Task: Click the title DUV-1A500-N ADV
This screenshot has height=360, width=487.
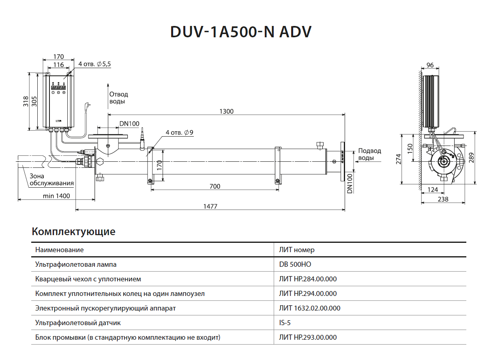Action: [241, 32]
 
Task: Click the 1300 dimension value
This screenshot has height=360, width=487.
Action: [226, 111]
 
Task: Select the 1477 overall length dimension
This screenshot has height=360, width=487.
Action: [210, 206]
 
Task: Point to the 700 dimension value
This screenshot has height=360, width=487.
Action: [215, 186]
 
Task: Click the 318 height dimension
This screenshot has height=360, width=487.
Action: [25, 101]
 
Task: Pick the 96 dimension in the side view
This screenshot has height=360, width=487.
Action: [430, 65]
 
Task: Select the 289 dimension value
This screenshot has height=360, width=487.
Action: [471, 158]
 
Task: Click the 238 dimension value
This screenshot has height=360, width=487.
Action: [444, 199]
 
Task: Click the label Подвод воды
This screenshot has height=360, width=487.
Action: [369, 154]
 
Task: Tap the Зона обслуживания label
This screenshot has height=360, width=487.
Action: [51, 180]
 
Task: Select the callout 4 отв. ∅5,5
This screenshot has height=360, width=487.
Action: [94, 64]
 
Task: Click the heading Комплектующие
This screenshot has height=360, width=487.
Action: [73, 231]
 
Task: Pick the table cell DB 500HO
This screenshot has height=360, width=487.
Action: [295, 265]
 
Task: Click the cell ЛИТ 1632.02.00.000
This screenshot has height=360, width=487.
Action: [309, 309]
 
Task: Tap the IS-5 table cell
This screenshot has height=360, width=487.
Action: [285, 323]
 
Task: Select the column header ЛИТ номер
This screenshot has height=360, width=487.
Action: [296, 250]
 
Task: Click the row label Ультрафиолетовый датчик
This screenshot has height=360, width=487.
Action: [78, 323]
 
